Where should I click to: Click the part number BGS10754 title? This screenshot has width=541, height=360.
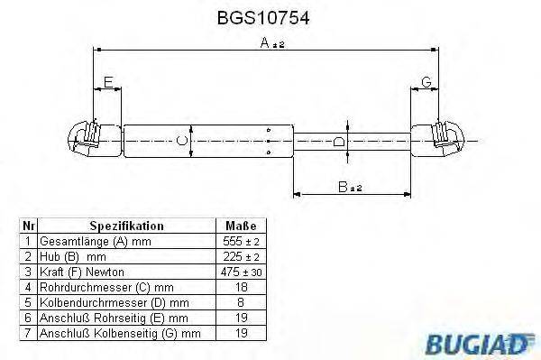[x=270, y=17]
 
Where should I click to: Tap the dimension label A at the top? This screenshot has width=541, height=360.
[x=263, y=42]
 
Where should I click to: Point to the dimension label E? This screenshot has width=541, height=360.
[x=108, y=84]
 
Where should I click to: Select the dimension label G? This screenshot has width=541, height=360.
[x=426, y=84]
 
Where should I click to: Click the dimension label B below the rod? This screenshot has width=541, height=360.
[x=344, y=187]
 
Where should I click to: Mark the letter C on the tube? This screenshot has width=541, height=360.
[x=182, y=140]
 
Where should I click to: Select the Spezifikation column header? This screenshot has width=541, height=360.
[x=126, y=226]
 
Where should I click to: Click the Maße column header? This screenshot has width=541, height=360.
[x=239, y=226]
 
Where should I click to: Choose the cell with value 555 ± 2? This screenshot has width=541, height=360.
[x=239, y=241]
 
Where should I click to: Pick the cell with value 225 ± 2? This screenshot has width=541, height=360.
[x=239, y=256]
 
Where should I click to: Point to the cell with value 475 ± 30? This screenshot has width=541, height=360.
[x=239, y=272]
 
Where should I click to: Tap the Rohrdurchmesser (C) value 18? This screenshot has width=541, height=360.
[x=239, y=287]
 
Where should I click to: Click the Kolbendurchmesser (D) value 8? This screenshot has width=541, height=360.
[x=239, y=302]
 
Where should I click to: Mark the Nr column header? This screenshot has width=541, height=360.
[x=28, y=226]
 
